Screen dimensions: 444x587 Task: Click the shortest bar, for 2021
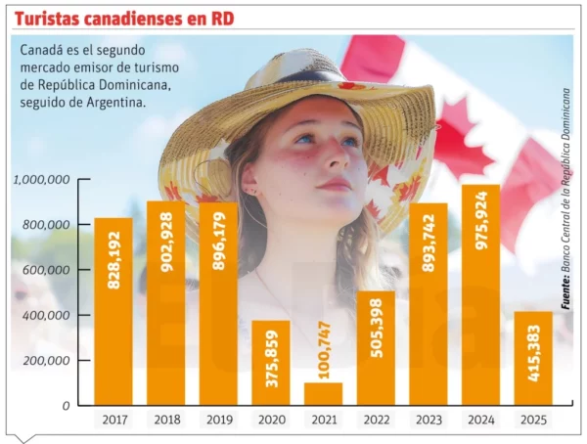[324, 393]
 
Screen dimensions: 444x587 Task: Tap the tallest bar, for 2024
[480, 294]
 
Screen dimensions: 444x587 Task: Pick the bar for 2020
[271, 363]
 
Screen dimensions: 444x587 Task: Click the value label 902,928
[166, 244]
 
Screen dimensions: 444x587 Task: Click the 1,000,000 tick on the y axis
[41, 180]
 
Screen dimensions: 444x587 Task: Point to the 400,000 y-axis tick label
[46, 315]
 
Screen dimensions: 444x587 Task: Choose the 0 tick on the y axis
[65, 405]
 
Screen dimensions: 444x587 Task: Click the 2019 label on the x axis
[218, 420]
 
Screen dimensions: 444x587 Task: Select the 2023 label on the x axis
[428, 420]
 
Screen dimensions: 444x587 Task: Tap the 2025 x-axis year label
[533, 420]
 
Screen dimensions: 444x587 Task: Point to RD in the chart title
[221, 19]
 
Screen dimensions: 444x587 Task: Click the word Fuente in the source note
[565, 292]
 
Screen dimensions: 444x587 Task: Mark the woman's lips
[333, 184]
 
